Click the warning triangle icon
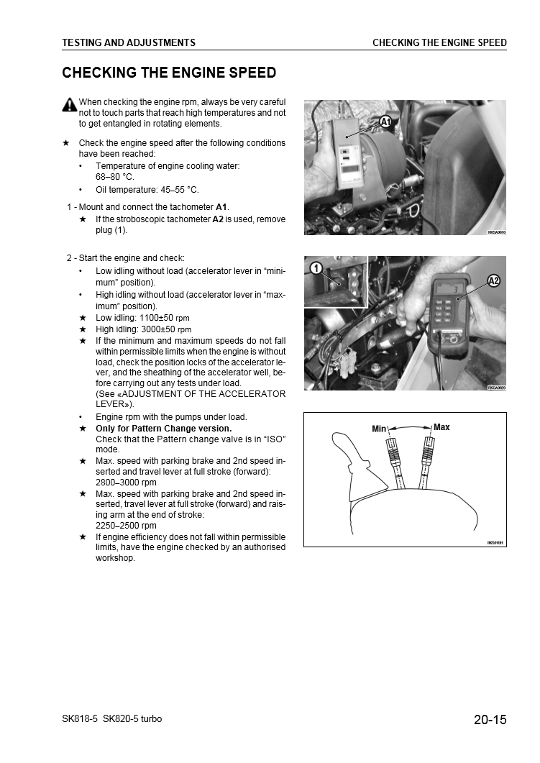[69, 104]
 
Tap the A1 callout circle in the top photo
[385, 122]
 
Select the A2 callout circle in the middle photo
[494, 280]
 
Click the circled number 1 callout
[315, 269]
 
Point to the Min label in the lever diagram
[380, 429]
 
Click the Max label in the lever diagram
[441, 427]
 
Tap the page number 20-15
[490, 719]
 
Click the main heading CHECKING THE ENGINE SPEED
[169, 73]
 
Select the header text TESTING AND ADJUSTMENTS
[129, 42]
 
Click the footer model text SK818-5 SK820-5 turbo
[112, 719]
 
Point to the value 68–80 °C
[115, 176]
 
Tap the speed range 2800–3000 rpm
[126, 483]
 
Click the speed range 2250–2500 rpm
[126, 526]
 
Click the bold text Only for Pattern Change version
[163, 429]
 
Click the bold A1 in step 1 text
[221, 207]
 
